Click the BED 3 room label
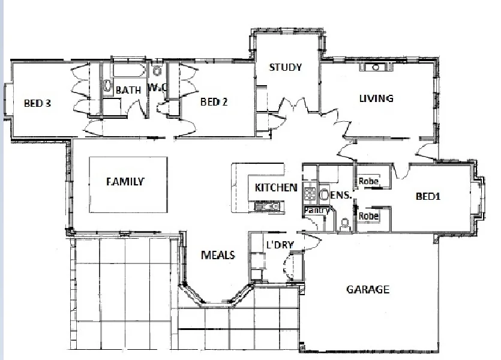click(37, 103)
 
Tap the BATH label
click(128, 90)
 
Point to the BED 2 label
click(214, 102)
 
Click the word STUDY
click(285, 67)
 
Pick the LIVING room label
click(376, 98)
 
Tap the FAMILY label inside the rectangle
click(125, 181)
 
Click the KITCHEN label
click(276, 187)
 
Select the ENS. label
click(340, 194)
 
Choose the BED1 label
click(429, 196)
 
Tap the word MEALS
click(217, 255)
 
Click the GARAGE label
click(368, 290)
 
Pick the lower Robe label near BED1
click(368, 215)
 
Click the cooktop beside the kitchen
click(310, 194)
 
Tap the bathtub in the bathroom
click(127, 71)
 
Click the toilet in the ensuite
click(344, 224)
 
